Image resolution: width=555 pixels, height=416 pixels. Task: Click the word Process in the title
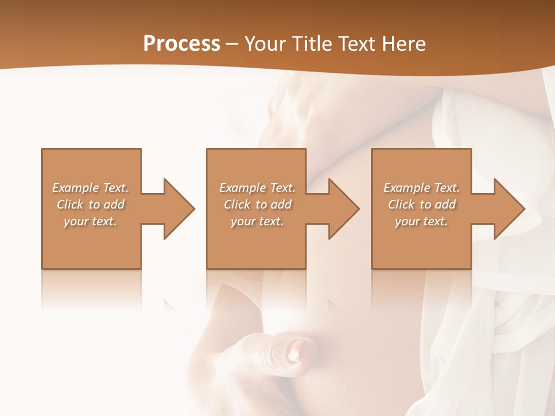tap(182, 44)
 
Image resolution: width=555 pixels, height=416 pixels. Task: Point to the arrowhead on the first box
tap(179, 209)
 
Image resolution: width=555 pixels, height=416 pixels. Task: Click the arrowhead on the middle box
tap(344, 209)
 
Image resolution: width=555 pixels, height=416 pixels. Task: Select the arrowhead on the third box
tap(509, 209)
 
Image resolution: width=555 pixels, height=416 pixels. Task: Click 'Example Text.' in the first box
tap(90, 188)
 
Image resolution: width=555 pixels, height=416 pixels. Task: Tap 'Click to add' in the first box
tap(90, 205)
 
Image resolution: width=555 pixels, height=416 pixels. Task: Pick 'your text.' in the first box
tap(90, 221)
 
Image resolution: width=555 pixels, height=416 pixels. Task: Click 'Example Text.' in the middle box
tap(257, 188)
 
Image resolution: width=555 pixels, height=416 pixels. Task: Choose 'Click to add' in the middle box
tap(257, 205)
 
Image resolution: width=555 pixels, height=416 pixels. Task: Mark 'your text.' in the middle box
tap(257, 221)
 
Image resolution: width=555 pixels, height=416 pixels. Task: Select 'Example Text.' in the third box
tap(421, 188)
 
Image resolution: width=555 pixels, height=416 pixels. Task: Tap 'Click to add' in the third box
tap(421, 205)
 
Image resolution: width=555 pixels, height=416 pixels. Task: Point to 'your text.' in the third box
tap(421, 221)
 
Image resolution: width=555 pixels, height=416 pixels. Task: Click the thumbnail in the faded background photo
tap(302, 350)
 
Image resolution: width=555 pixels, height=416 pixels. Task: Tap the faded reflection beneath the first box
tap(91, 289)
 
